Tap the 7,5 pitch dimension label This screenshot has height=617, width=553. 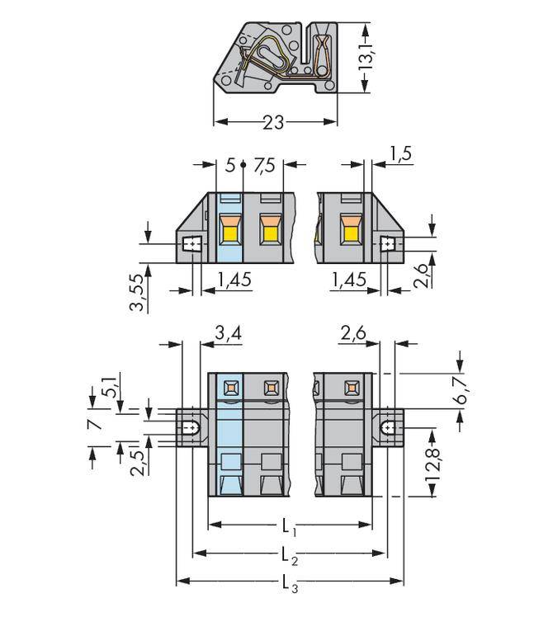click(264, 165)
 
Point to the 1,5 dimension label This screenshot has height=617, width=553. click(400, 153)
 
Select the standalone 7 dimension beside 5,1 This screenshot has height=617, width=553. click(96, 424)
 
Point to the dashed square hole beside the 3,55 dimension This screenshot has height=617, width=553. click(192, 244)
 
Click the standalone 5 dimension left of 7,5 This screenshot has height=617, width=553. click(230, 165)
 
